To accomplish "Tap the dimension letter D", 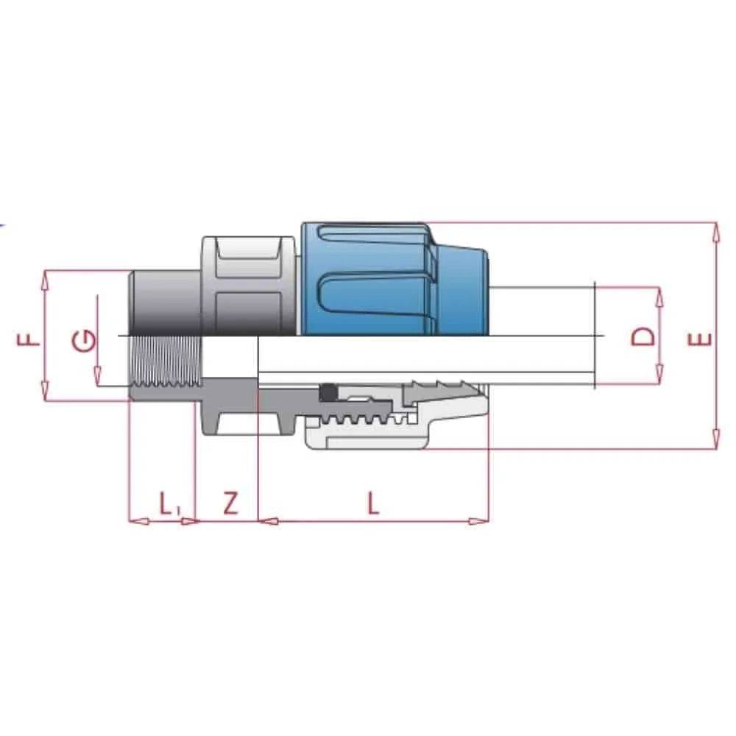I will click(x=643, y=337).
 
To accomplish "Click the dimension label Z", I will click(x=230, y=503).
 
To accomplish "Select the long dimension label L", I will click(x=374, y=503).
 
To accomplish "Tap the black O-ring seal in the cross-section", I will click(x=326, y=393).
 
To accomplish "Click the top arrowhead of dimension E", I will click(x=715, y=231).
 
